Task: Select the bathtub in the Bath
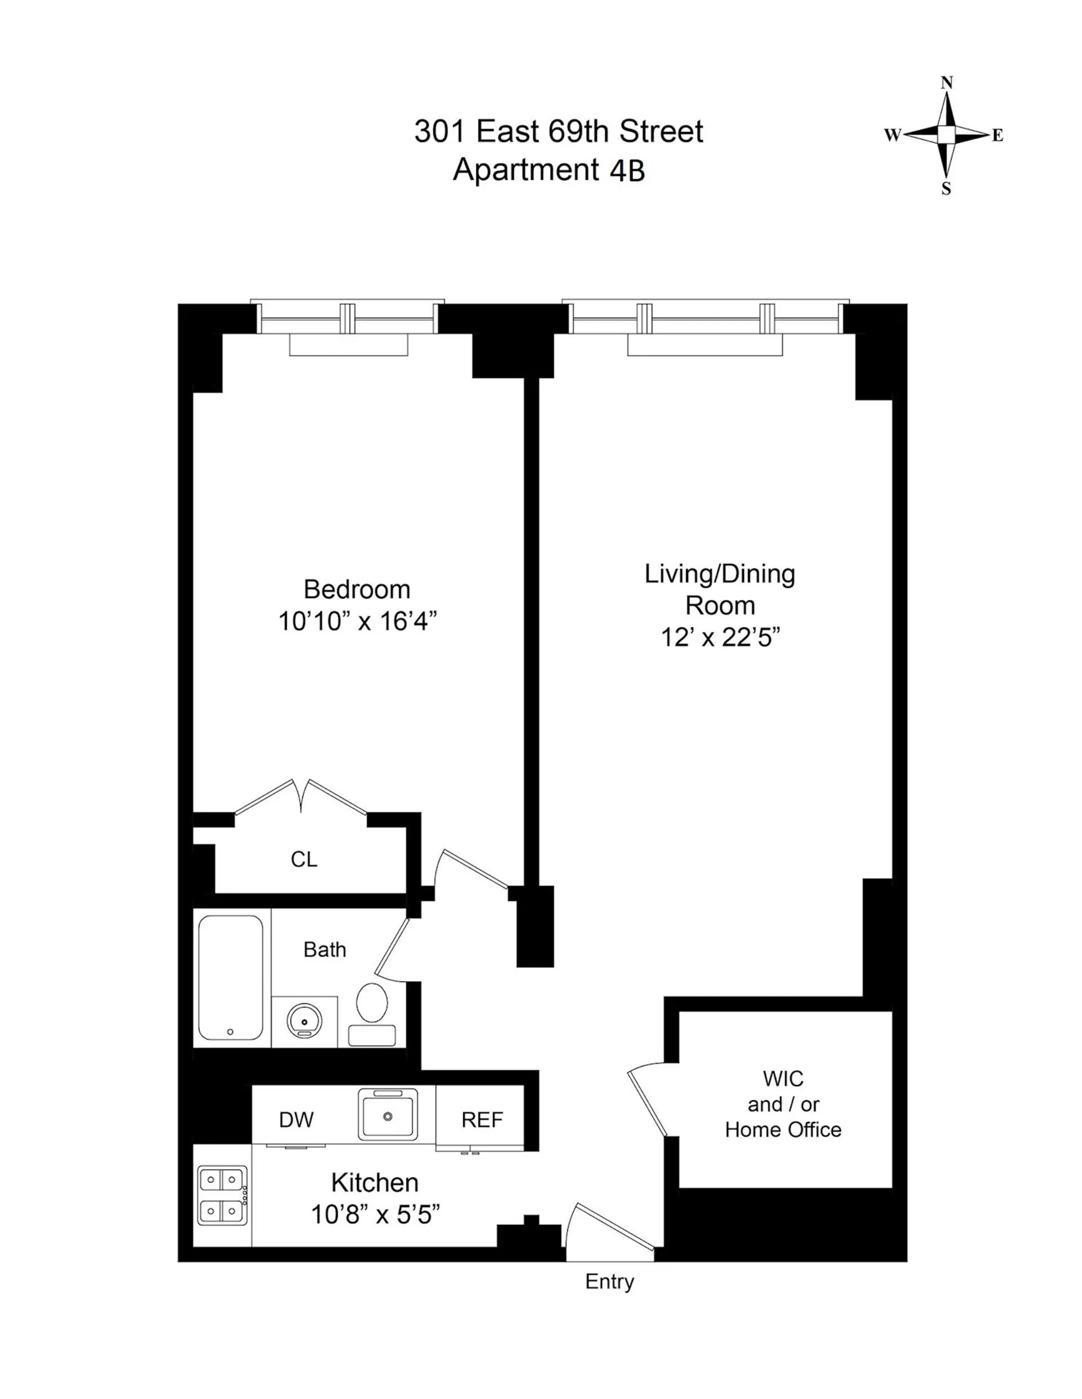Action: [230, 977]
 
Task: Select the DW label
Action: [296, 1120]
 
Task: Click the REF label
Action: [482, 1120]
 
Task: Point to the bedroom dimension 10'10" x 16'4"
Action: [357, 621]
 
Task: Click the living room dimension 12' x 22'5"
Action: [720, 637]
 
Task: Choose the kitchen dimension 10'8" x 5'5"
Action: [375, 1215]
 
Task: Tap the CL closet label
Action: [304, 859]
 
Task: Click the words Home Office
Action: [783, 1130]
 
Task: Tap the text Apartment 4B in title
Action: [548, 170]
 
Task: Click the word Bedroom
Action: [357, 590]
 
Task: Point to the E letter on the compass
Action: [997, 135]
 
